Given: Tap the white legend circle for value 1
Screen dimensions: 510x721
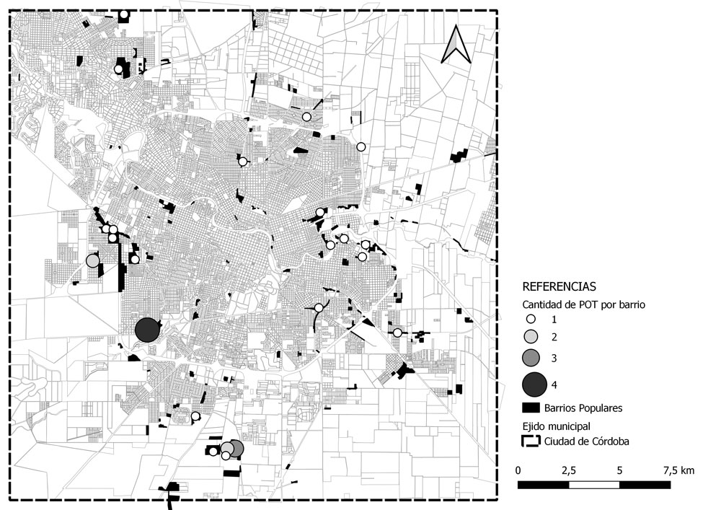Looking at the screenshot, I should click(530, 319).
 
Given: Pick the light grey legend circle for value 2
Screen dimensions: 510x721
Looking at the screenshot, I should click(530, 337).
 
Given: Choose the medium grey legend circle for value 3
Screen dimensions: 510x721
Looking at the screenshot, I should click(531, 358).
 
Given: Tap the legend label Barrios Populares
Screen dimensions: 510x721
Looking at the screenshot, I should click(583, 408).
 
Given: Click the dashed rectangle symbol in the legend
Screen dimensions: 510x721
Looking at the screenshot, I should click(531, 441).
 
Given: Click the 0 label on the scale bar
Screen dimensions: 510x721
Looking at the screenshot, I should click(518, 470).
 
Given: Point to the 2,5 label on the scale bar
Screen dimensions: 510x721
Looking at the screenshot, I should click(568, 470).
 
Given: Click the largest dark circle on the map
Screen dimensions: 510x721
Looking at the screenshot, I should click(147, 330).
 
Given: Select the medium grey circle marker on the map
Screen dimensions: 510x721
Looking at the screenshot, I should click(235, 449).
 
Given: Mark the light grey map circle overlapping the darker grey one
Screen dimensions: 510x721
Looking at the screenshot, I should click(226, 449).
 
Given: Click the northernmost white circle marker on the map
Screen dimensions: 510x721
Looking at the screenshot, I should click(125, 14).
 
